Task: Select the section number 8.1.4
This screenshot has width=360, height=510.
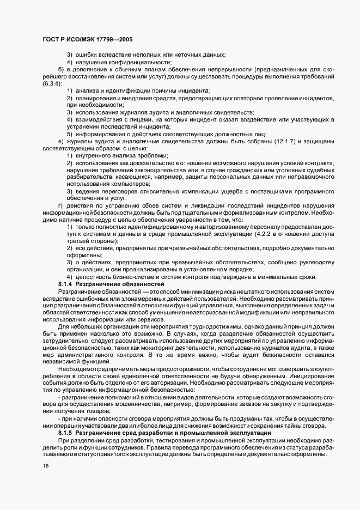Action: tap(65, 284)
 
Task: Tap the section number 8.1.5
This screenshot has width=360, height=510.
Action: tap(65, 432)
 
